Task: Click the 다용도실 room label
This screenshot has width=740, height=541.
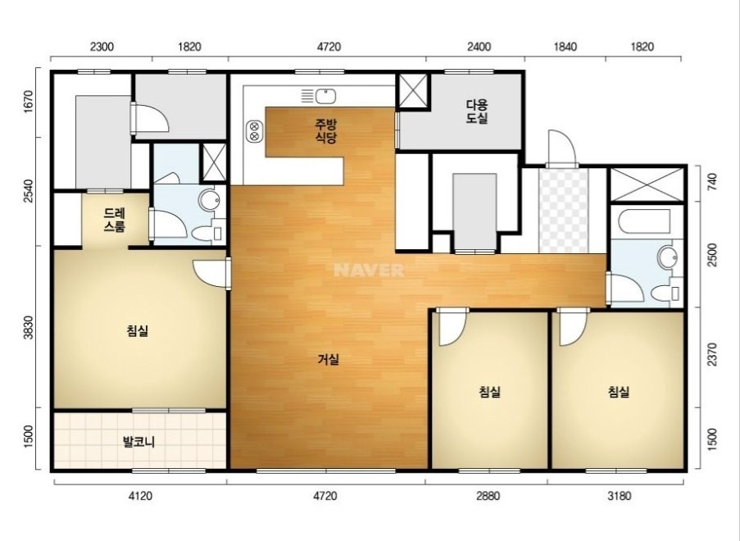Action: (477, 111)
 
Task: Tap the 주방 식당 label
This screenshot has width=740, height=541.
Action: (326, 131)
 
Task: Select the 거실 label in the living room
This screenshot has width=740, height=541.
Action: (329, 360)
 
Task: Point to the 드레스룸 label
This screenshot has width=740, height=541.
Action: (115, 220)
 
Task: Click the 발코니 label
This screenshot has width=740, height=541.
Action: (138, 443)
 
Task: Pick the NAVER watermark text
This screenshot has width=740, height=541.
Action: (369, 270)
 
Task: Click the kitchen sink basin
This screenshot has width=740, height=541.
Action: (325, 96)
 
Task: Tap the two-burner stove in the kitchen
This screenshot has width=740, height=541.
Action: (254, 131)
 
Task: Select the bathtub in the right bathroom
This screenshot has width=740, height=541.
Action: (644, 221)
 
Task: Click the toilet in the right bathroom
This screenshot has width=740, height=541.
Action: (666, 293)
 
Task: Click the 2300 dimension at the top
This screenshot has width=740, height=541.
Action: (102, 47)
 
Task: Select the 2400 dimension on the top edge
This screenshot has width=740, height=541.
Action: (479, 47)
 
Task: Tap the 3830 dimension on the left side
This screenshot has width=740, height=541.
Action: (30, 328)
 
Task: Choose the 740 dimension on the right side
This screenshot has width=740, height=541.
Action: (713, 183)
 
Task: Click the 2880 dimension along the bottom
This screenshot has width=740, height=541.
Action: (488, 496)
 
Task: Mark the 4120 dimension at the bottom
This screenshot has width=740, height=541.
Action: (141, 496)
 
